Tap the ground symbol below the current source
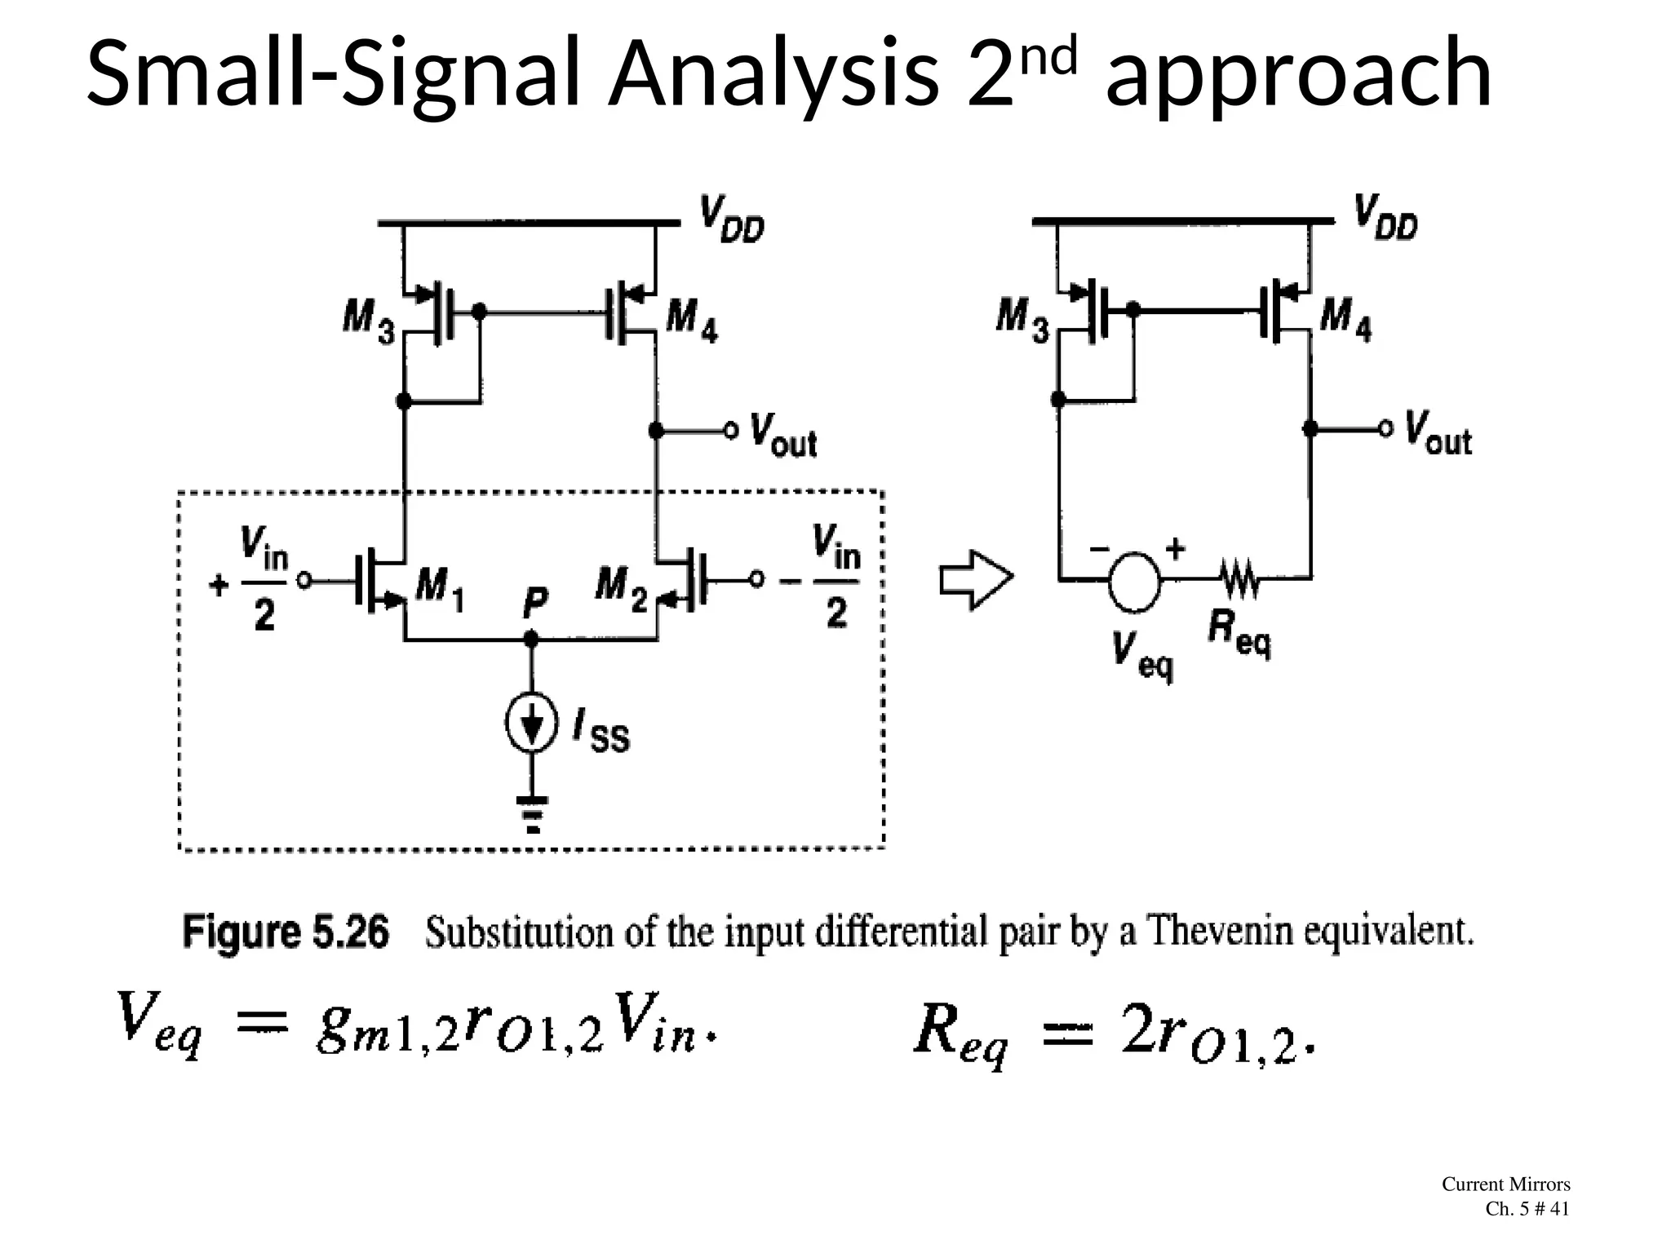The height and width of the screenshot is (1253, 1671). [532, 812]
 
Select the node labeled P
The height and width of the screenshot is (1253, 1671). [531, 638]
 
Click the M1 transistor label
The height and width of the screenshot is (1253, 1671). [440, 589]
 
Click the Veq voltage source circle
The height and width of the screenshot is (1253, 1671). [1134, 581]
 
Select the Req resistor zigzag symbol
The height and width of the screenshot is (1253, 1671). [1240, 579]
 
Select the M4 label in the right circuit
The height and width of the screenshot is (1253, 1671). [1345, 317]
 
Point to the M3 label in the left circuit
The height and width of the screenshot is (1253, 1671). [368, 319]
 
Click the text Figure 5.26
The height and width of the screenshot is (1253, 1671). [286, 932]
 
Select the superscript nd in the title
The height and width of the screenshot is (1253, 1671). [1053, 55]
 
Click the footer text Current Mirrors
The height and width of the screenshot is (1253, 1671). [1505, 1184]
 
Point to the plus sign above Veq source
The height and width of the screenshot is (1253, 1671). [1175, 548]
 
